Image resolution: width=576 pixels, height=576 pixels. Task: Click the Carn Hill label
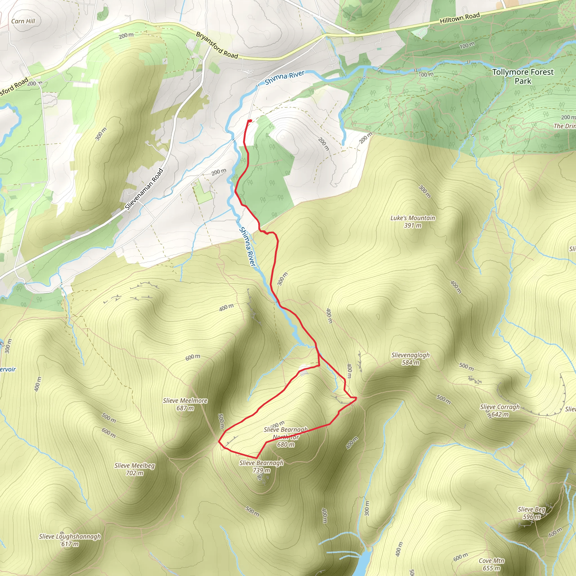(x=23, y=21)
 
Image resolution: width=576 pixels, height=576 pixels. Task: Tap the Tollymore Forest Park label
(x=523, y=76)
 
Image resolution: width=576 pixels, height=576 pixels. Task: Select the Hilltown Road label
(x=460, y=18)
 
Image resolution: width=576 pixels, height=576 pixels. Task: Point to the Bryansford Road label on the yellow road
(x=217, y=45)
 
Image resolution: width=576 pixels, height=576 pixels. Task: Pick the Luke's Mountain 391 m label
(x=413, y=222)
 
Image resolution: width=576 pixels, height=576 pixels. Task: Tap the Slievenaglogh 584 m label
(x=410, y=359)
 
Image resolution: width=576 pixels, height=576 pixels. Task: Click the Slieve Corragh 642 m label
(x=500, y=411)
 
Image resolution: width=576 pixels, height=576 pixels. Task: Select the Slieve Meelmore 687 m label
(x=185, y=404)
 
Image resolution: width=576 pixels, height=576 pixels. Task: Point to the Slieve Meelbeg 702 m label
(x=134, y=469)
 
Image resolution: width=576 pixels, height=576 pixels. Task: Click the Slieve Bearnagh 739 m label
(x=262, y=467)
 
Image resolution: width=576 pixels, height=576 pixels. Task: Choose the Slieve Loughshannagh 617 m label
(x=70, y=540)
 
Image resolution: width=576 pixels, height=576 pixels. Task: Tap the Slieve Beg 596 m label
(x=532, y=513)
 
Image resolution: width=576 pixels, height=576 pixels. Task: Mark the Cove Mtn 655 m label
(x=491, y=564)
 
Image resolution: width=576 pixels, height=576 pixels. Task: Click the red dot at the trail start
(x=250, y=121)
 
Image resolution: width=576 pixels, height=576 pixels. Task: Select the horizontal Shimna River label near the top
(x=284, y=77)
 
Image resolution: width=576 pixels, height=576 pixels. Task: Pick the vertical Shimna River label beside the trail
(x=248, y=247)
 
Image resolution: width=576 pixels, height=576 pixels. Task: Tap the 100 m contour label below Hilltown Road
(x=467, y=45)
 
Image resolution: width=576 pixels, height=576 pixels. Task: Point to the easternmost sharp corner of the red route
(x=356, y=398)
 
